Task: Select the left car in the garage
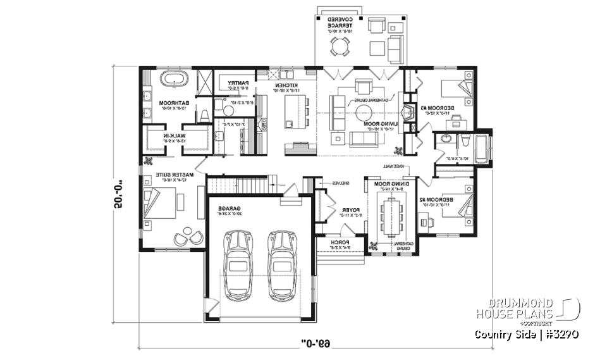coord(238,264)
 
